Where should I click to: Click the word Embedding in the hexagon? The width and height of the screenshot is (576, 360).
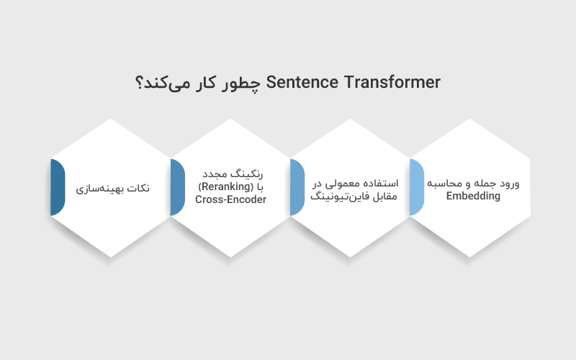473,196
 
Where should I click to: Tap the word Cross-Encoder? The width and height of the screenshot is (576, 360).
230,199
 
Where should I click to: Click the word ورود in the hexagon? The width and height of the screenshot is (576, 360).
510,183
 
